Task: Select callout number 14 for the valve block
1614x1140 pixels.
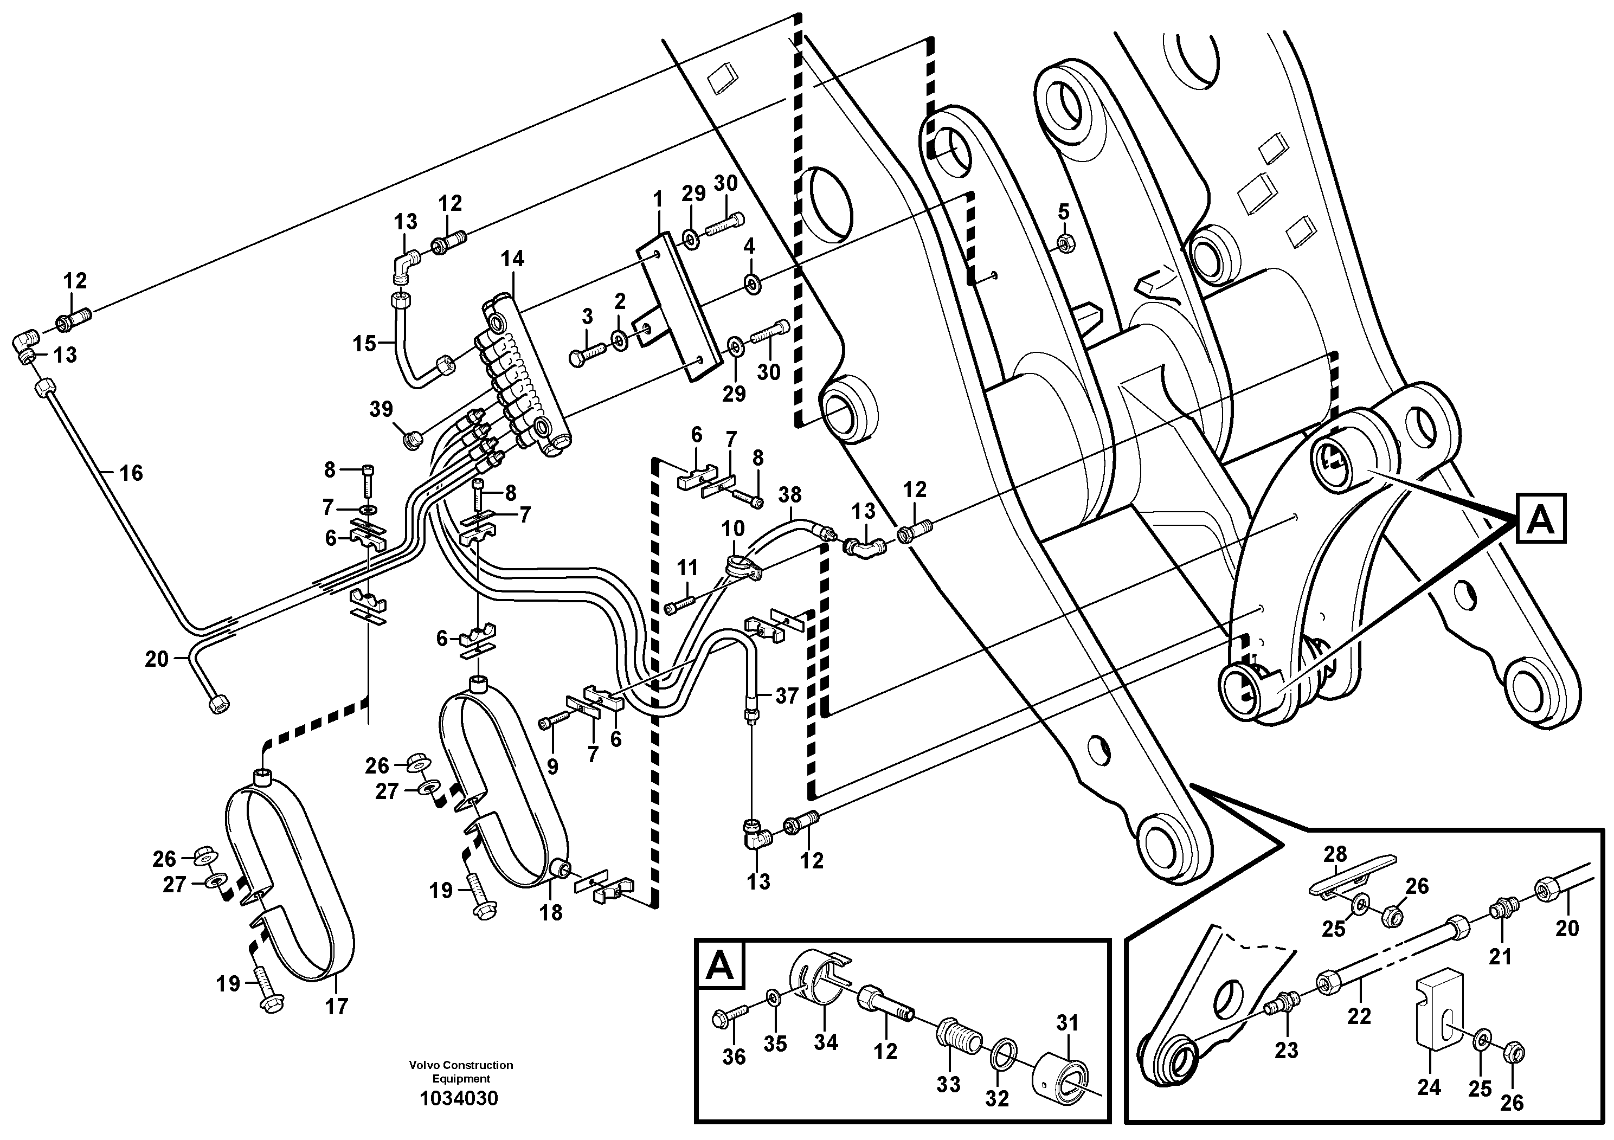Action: [x=512, y=259]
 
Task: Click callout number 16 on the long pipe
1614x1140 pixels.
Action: [x=131, y=473]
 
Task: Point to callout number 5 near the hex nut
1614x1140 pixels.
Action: [x=1064, y=211]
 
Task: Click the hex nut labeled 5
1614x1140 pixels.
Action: [x=1064, y=244]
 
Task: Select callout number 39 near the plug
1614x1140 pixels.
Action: [x=382, y=409]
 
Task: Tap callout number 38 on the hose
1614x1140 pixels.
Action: [x=790, y=495]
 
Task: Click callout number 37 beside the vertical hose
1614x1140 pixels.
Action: [x=787, y=696]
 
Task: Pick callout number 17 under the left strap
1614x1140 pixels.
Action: [x=337, y=1007]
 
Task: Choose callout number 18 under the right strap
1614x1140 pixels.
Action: [x=551, y=912]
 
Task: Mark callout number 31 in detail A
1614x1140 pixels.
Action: [x=1067, y=1022]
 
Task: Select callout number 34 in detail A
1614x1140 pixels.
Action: [x=826, y=1042]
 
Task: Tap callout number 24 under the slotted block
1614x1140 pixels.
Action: [x=1429, y=1087]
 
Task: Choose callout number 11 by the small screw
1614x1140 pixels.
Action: [x=687, y=566]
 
